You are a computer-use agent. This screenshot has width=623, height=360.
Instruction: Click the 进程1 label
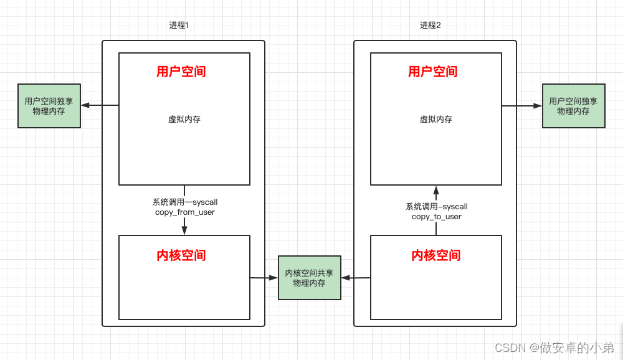click(x=179, y=26)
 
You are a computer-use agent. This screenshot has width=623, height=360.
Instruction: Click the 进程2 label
click(x=430, y=26)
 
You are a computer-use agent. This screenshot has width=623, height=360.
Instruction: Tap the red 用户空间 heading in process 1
click(x=181, y=72)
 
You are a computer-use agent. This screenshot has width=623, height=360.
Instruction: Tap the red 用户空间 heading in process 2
click(x=432, y=72)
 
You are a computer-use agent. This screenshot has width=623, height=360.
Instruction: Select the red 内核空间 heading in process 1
click(x=181, y=255)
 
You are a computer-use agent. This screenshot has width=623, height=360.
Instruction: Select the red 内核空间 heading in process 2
click(x=435, y=255)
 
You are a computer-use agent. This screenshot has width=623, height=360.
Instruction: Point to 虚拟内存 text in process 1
click(x=184, y=119)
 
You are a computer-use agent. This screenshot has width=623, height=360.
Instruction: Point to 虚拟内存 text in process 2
click(x=435, y=119)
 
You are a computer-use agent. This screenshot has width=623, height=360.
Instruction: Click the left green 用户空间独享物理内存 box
click(x=49, y=106)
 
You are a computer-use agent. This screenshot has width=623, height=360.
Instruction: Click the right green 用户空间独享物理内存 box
click(x=573, y=106)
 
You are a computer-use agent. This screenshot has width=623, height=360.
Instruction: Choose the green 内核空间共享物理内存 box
click(x=309, y=278)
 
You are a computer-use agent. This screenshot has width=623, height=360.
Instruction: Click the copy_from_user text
click(x=184, y=212)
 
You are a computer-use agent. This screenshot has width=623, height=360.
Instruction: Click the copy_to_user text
click(x=436, y=217)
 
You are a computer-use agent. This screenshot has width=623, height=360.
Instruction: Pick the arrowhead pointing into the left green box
click(x=85, y=105)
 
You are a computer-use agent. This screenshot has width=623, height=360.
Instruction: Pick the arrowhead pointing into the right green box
click(x=538, y=106)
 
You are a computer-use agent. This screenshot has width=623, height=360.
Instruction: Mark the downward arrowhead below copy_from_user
click(x=184, y=230)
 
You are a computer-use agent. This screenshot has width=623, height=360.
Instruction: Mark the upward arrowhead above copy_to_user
click(x=436, y=191)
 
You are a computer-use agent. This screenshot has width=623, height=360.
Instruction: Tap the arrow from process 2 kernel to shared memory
click(x=356, y=278)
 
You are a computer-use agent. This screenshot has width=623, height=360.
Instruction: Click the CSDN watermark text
click(x=554, y=347)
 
